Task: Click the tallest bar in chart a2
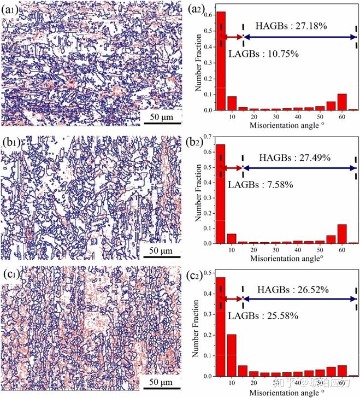pos(221,61)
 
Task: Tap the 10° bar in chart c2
pos(232,355)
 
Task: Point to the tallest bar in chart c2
pos(221,327)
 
